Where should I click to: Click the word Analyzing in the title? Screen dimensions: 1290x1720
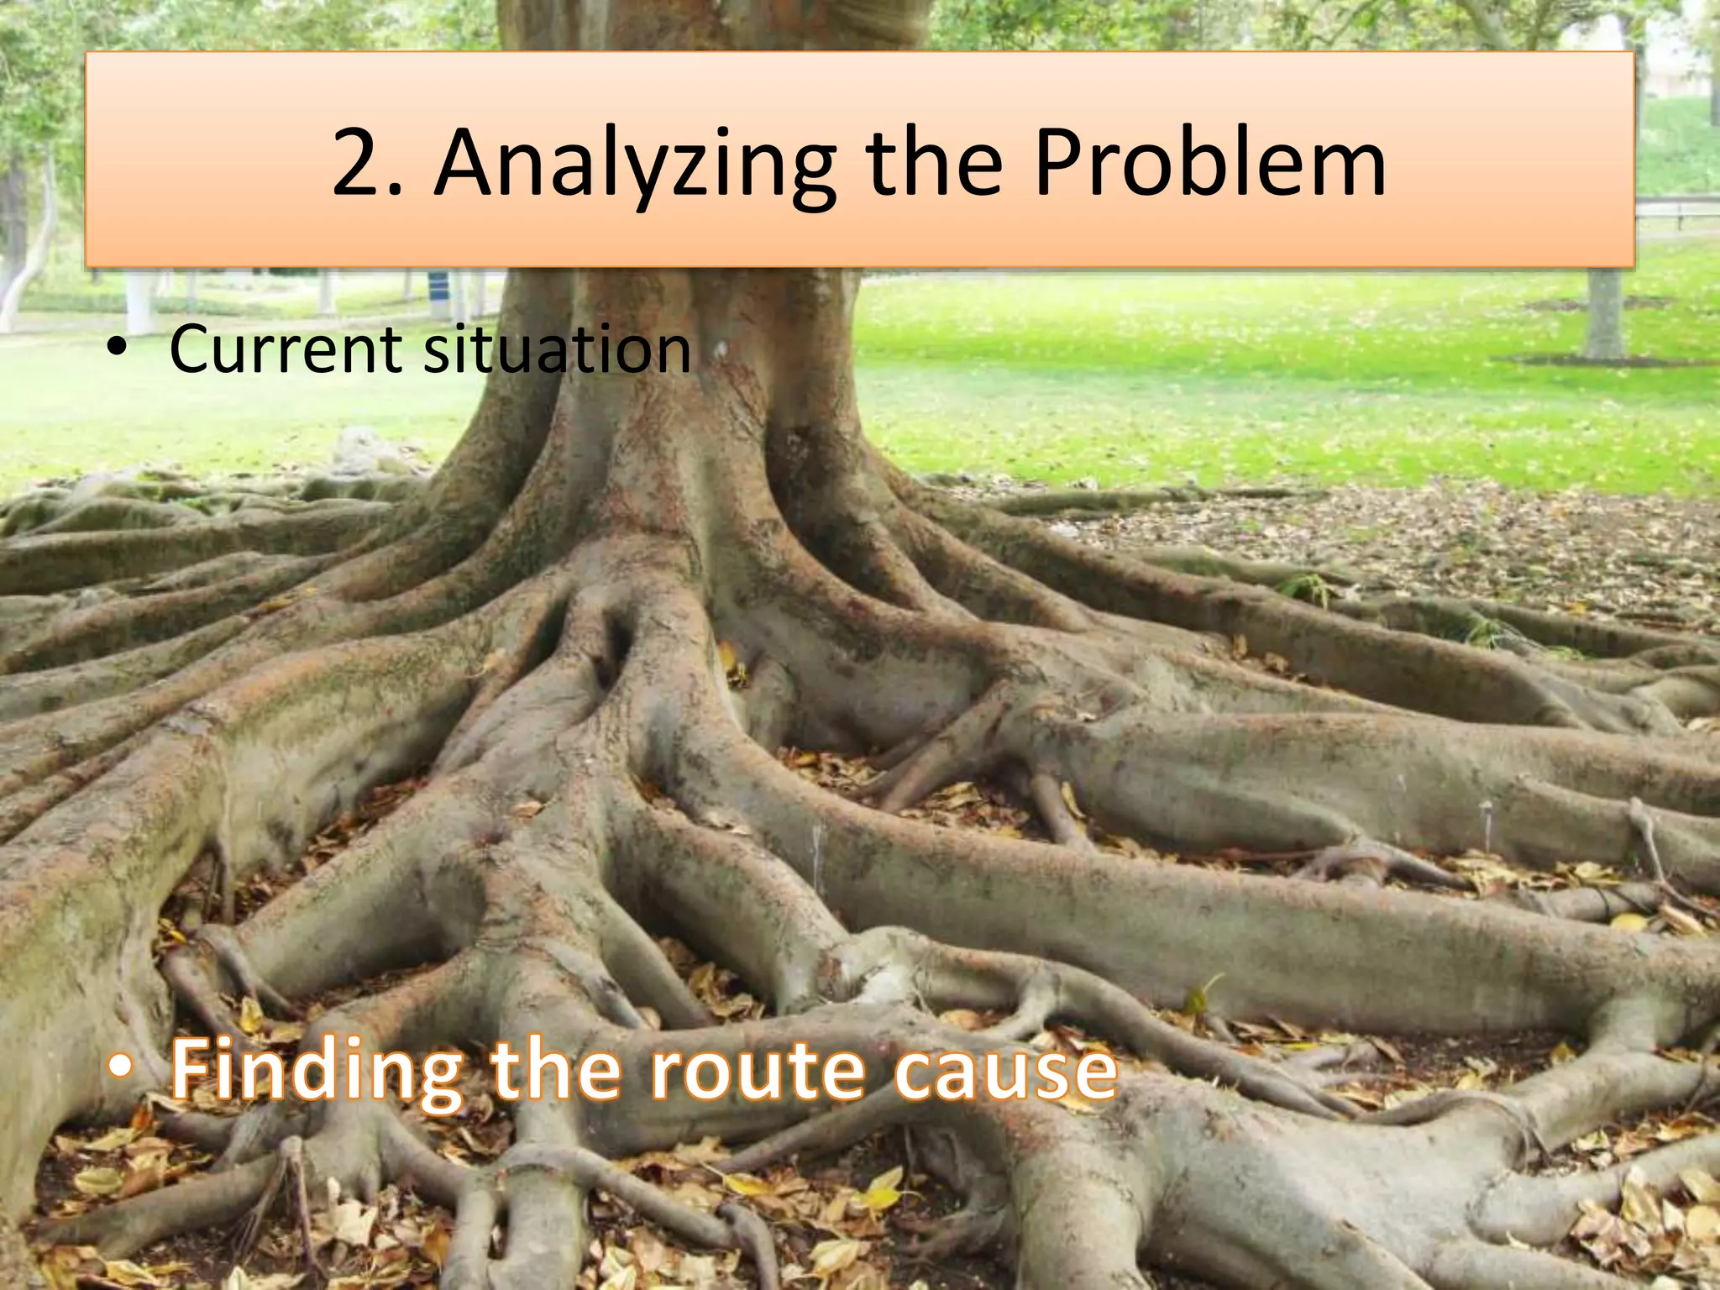[635, 165]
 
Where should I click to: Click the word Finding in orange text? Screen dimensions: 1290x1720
[316, 1072]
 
